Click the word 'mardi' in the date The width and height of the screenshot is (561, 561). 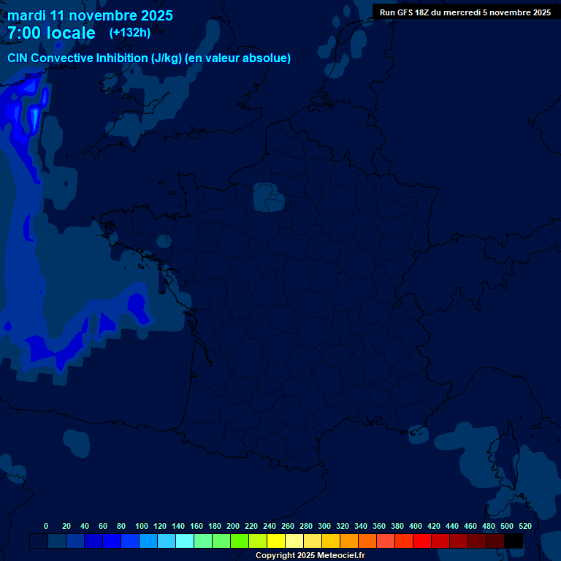pyautogui.click(x=27, y=15)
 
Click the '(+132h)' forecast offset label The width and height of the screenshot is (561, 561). pyautogui.click(x=130, y=33)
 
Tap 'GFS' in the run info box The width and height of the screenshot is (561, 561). pyautogui.click(x=406, y=12)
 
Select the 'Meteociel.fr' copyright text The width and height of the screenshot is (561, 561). pyautogui.click(x=341, y=556)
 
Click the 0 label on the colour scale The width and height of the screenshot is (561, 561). pyautogui.click(x=46, y=526)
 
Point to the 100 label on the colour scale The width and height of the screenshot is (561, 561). pyautogui.click(x=142, y=526)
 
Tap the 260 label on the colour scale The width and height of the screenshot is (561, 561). pyautogui.click(x=288, y=526)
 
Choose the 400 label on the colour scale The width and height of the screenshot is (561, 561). pyautogui.click(x=416, y=526)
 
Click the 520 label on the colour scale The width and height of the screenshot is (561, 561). pyautogui.click(x=524, y=526)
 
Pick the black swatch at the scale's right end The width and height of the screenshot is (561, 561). pyautogui.click(x=514, y=541)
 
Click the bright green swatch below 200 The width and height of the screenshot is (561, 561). pyautogui.click(x=240, y=541)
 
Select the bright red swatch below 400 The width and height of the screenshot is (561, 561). pyautogui.click(x=422, y=541)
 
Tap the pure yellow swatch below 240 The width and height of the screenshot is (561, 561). pyautogui.click(x=276, y=541)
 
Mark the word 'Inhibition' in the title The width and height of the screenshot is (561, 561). pyautogui.click(x=121, y=58)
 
